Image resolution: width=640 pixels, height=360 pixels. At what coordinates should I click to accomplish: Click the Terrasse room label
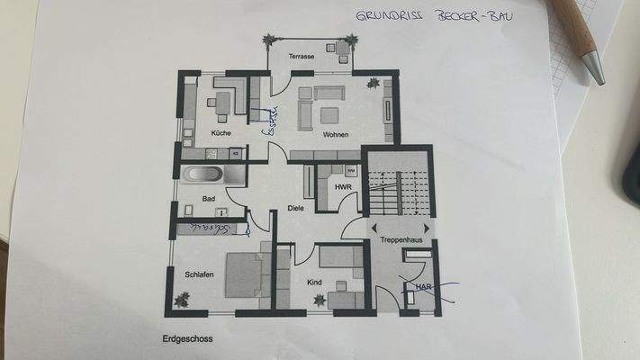pos(302,57)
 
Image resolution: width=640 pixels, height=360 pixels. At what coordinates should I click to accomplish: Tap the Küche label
pos(221,133)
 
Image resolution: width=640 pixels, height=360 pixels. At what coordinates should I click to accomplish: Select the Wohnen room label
pos(336,134)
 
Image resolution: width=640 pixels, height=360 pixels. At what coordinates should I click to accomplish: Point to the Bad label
pos(209,198)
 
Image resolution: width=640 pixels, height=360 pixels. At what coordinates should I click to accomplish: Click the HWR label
pos(342,187)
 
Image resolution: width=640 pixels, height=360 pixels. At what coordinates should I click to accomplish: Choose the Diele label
pos(296,209)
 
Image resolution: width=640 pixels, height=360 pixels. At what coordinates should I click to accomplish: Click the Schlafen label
pos(199,274)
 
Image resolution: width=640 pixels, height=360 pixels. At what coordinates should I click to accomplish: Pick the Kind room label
pos(314,283)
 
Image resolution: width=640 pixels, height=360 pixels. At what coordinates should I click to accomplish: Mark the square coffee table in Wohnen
pos(329,114)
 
